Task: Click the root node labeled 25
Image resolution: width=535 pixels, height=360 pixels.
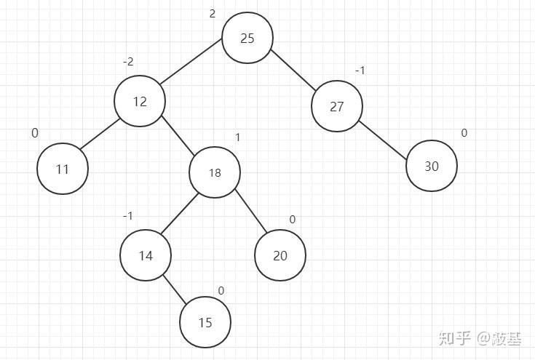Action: coord(247,38)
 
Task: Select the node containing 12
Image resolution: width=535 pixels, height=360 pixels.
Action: coord(140,101)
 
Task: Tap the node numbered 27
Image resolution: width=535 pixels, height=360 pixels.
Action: coord(336,106)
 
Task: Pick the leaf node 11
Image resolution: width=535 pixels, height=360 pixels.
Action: coord(63,169)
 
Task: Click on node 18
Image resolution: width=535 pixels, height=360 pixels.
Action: coord(215,172)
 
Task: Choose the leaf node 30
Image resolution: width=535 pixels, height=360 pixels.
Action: coord(432,166)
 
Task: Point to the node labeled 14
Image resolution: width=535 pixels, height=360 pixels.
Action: coord(146,255)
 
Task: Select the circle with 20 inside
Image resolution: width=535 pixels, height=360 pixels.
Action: coord(280,255)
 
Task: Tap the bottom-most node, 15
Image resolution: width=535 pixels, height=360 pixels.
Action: coord(205,322)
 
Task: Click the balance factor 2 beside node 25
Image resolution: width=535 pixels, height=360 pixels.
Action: coord(213,14)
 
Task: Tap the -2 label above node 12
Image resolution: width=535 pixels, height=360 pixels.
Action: coord(128,62)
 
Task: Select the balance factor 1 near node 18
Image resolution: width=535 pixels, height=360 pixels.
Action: coord(237,137)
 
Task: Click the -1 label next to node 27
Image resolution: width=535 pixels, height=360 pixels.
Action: coord(360,71)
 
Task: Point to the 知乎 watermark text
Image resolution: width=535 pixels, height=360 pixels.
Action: coord(453,338)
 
